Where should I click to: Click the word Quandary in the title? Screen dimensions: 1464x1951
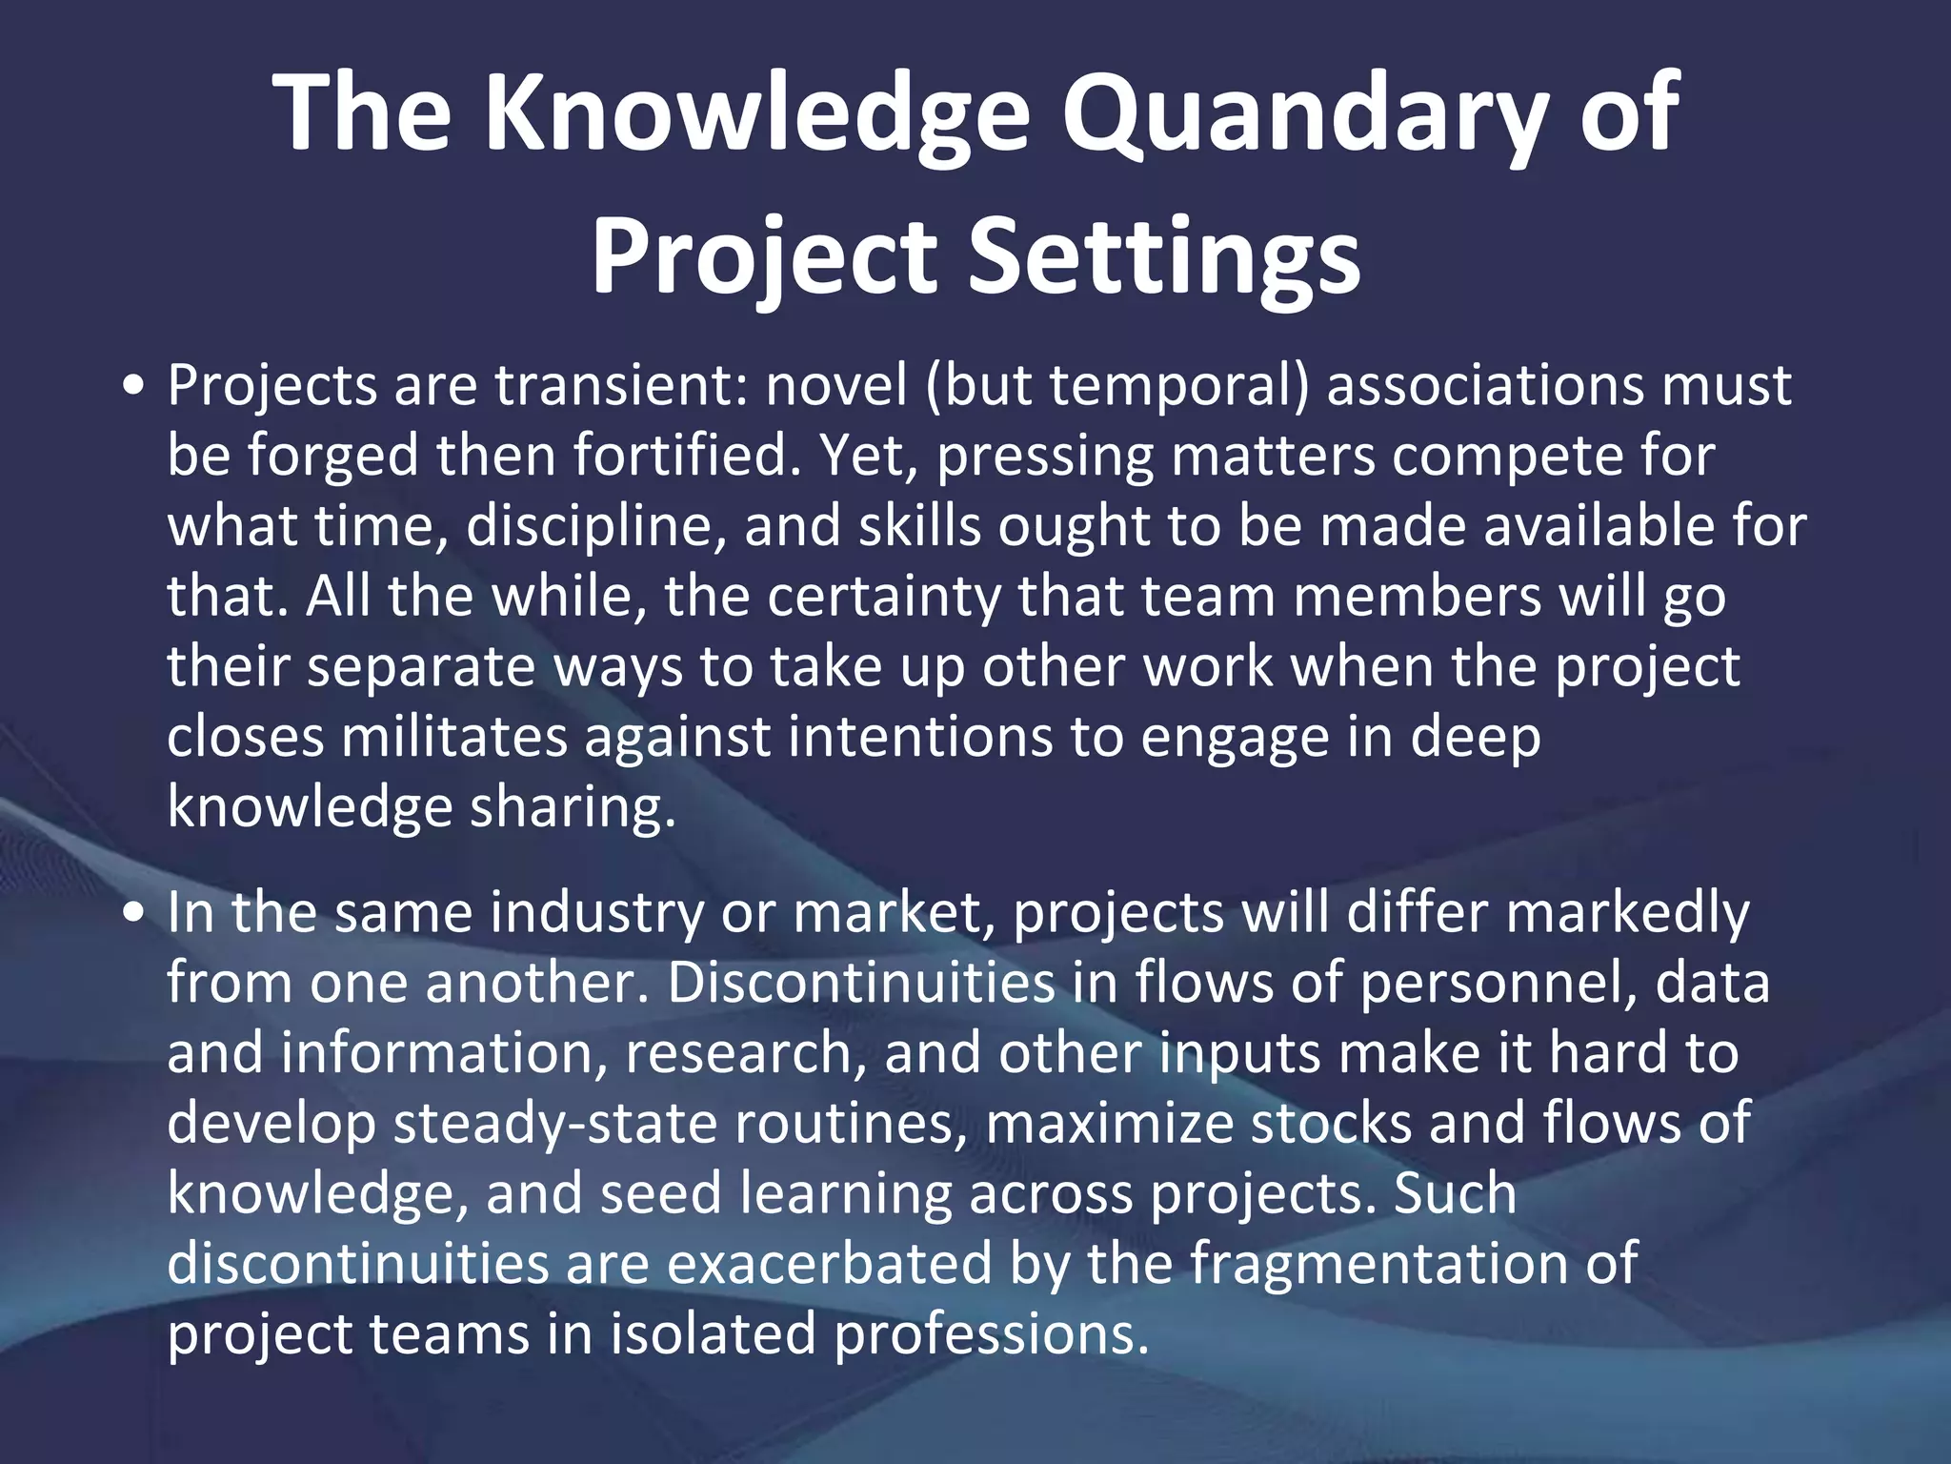pos(1310,114)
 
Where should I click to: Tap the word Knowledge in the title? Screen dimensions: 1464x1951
pos(757,114)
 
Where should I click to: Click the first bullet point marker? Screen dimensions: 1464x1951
pos(134,386)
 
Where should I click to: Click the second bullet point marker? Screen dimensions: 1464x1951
pos(134,913)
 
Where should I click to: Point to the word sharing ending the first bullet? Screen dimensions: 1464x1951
pos(572,808)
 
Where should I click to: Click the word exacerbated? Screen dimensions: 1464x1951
pos(829,1263)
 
